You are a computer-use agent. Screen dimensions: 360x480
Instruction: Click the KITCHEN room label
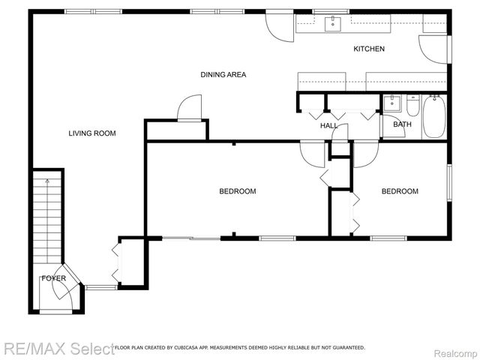369,49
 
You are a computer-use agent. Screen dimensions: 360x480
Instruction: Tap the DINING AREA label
223,75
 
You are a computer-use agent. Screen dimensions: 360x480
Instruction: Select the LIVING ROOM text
91,133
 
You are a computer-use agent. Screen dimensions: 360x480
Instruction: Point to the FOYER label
53,278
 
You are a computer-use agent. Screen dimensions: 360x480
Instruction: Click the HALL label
328,126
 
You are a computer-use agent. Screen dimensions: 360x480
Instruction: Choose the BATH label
402,124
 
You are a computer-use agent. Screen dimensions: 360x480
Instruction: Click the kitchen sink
331,24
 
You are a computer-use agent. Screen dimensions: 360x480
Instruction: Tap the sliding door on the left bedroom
191,238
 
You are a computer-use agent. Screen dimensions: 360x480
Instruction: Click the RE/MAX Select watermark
56,348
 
